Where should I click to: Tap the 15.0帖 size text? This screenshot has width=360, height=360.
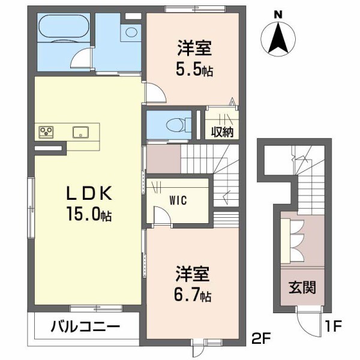(x=88, y=214)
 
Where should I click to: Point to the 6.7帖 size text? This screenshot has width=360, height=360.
(x=194, y=295)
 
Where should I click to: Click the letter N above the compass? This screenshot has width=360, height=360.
(x=277, y=14)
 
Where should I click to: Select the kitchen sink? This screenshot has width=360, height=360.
(x=81, y=132)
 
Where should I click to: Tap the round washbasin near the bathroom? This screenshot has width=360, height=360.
(x=130, y=34)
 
